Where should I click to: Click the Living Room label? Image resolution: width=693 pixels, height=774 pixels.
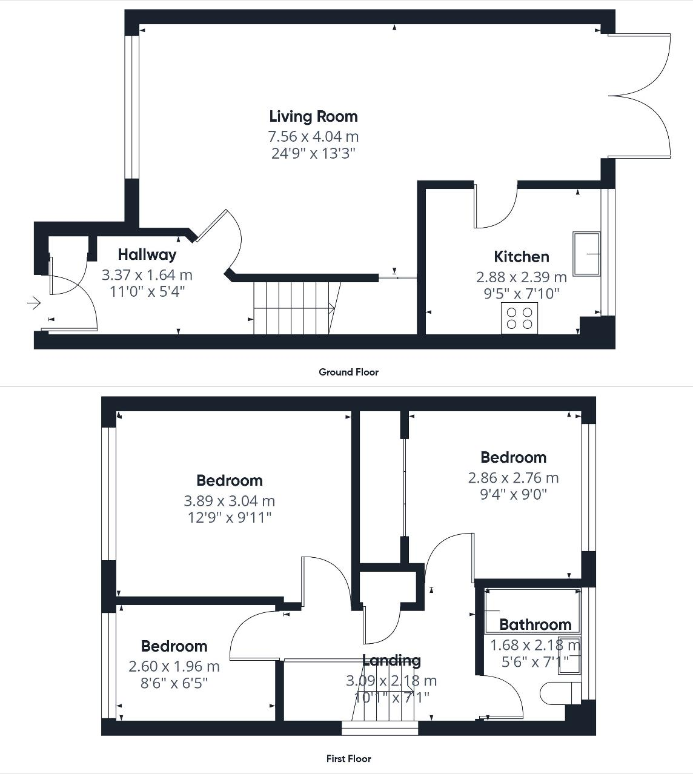pyautogui.click(x=313, y=116)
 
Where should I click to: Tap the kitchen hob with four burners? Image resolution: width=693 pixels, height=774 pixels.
pyautogui.click(x=519, y=319)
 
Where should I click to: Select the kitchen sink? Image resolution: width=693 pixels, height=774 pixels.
pyautogui.click(x=586, y=253)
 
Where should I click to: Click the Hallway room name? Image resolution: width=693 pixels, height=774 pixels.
pyautogui.click(x=147, y=254)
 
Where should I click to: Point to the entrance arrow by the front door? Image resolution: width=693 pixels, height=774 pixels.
pyautogui.click(x=34, y=302)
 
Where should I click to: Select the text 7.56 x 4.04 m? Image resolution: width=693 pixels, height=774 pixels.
pyautogui.click(x=313, y=136)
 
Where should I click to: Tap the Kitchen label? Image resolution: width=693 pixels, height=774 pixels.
pyautogui.click(x=521, y=257)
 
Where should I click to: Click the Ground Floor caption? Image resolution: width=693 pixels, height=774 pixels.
pyautogui.click(x=348, y=372)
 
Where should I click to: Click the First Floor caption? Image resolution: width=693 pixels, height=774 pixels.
pyautogui.click(x=348, y=758)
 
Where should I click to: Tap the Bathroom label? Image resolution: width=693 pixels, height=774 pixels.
pyautogui.click(x=535, y=624)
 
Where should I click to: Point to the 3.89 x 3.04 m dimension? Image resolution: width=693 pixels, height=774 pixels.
pyautogui.click(x=229, y=501)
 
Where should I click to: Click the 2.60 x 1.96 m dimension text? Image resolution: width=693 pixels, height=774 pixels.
pyautogui.click(x=174, y=666)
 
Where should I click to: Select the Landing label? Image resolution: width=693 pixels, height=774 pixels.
pyautogui.click(x=391, y=660)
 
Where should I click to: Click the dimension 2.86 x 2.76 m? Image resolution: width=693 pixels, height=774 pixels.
pyautogui.click(x=513, y=478)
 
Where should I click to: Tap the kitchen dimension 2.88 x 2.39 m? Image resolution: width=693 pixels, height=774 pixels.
pyautogui.click(x=521, y=277)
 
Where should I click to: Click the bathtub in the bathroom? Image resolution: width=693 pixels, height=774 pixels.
pyautogui.click(x=532, y=608)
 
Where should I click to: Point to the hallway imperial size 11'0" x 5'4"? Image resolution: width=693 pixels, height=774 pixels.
pyautogui.click(x=147, y=291)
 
